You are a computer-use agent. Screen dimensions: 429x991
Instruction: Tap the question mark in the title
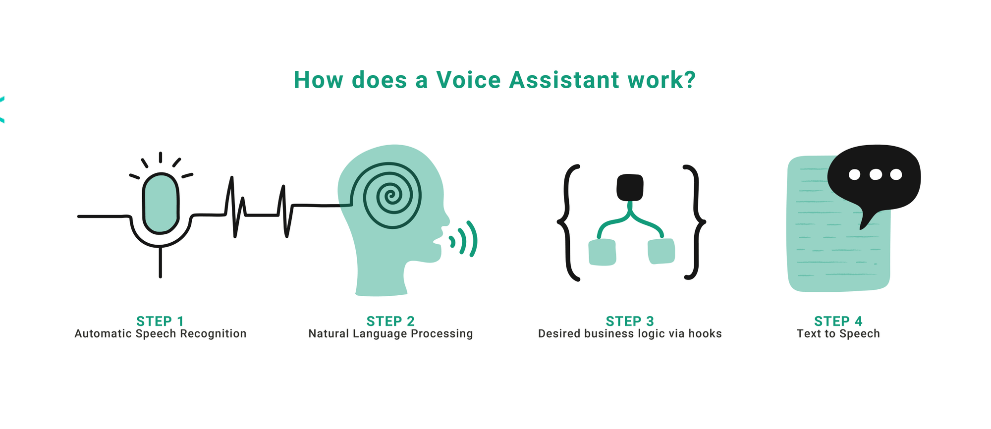click(x=689, y=80)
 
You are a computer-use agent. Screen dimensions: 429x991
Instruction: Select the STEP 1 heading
click(x=160, y=321)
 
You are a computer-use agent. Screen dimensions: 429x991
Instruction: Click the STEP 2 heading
click(x=390, y=321)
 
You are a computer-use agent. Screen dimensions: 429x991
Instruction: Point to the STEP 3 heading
click(x=630, y=321)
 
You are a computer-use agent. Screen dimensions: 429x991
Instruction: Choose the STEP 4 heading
click(x=838, y=321)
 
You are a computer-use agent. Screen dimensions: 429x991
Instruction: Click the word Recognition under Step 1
click(x=213, y=334)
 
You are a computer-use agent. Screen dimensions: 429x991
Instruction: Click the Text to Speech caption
click(x=838, y=334)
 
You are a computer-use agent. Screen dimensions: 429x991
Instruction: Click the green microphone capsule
click(x=161, y=203)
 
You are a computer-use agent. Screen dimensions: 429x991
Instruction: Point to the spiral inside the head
click(x=392, y=195)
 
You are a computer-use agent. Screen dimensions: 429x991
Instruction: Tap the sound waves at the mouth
click(x=464, y=239)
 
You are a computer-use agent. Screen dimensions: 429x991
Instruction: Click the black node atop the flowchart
click(x=630, y=187)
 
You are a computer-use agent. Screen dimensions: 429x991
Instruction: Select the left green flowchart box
click(x=602, y=252)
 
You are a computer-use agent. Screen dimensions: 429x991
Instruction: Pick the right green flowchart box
click(x=661, y=251)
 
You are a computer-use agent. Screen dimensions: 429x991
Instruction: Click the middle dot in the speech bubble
click(x=876, y=174)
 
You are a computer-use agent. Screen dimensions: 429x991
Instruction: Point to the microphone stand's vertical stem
click(x=161, y=263)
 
